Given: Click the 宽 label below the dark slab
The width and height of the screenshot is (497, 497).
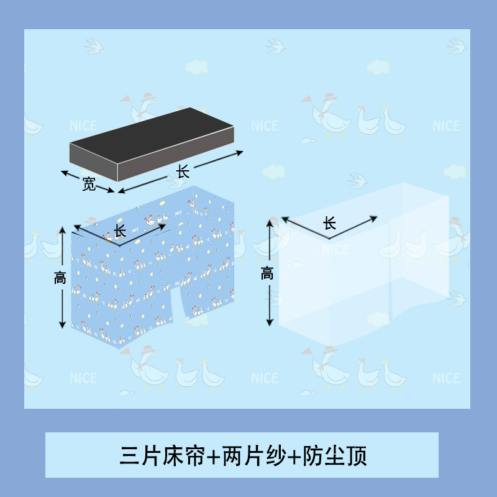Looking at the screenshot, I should click(x=89, y=185).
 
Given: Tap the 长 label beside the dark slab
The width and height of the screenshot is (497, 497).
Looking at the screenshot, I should click(x=183, y=171).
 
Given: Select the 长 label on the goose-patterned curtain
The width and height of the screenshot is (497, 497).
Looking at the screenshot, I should click(x=120, y=231).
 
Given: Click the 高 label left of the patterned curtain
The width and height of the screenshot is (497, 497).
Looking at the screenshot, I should click(x=60, y=279).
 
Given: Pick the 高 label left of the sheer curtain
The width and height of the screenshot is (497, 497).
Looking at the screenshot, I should click(x=267, y=273).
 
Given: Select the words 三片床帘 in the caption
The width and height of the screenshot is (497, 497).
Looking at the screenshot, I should click(x=162, y=457).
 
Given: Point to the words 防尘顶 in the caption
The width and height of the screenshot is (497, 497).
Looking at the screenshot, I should click(x=335, y=457).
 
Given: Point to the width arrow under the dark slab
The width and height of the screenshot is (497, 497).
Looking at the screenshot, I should click(x=87, y=181).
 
